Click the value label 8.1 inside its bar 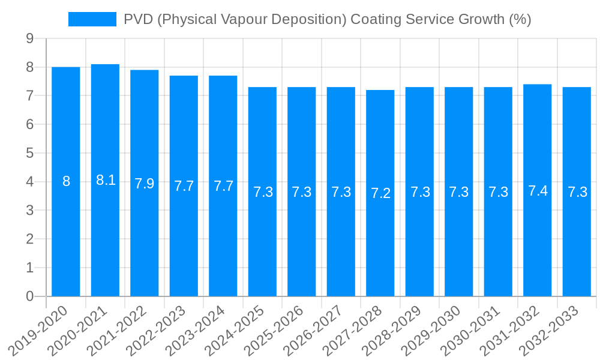click(106, 180)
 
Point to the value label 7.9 click(145, 184)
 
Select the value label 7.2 click(380, 193)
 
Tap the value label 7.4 click(538, 191)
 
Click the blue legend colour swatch click(92, 19)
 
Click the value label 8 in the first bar click(66, 181)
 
